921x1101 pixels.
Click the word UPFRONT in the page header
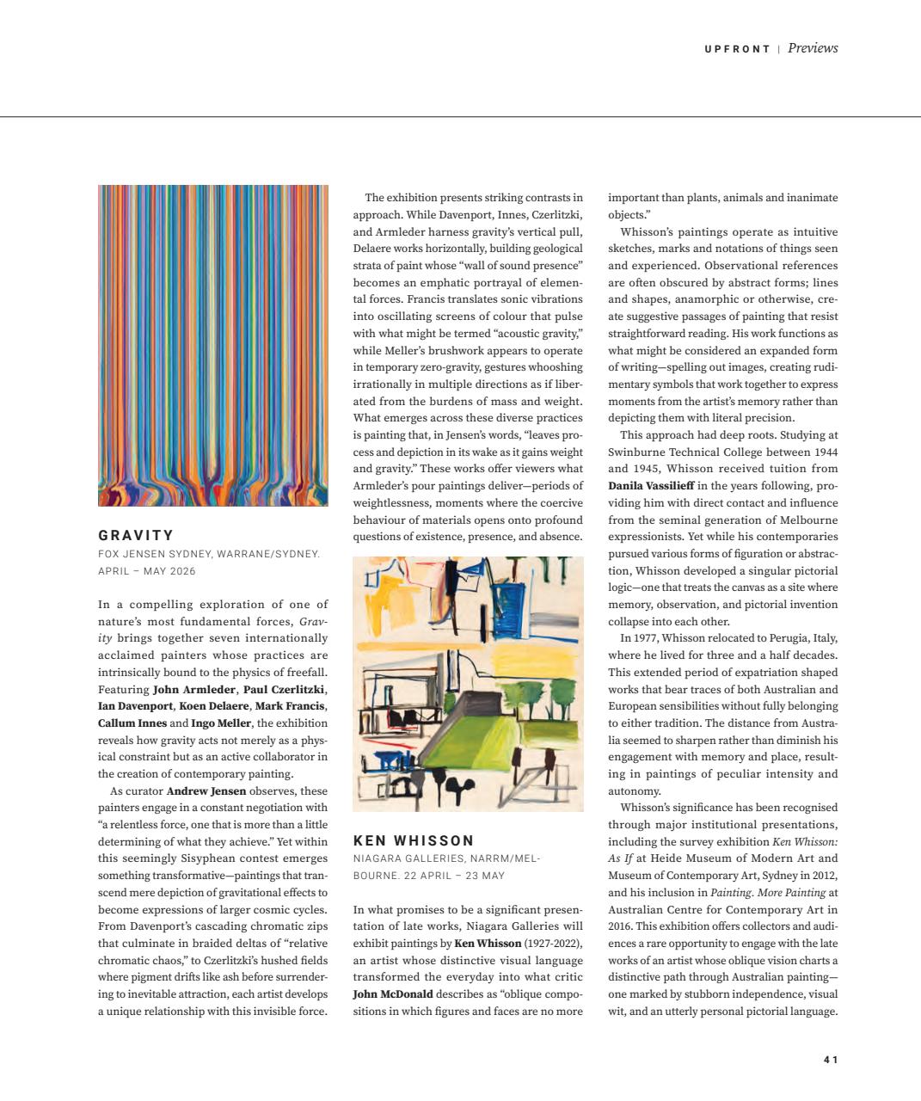[737, 49]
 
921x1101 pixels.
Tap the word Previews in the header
[812, 48]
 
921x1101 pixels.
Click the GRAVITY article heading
[136, 535]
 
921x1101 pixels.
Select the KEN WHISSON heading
[414, 840]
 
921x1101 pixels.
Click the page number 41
[830, 1060]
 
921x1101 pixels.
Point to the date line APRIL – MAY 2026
[147, 571]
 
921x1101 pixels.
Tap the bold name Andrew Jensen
[206, 790]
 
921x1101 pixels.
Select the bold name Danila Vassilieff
[646, 486]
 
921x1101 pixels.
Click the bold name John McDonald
[393, 993]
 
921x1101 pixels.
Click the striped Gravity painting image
[212, 345]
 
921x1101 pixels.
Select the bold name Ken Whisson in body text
[488, 943]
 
